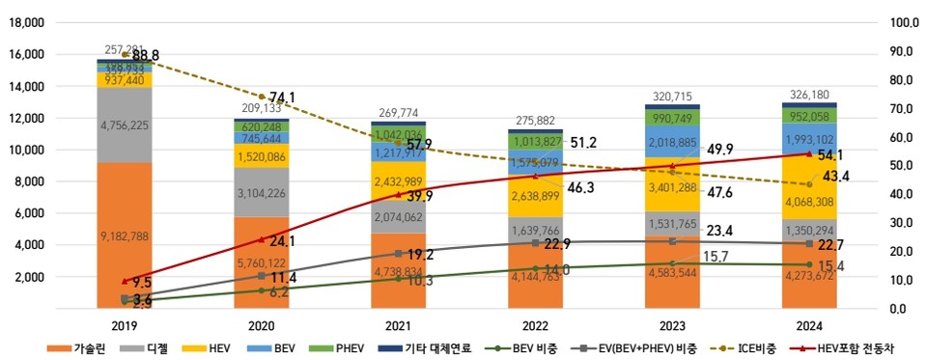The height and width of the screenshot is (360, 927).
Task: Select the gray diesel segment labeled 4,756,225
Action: point(124,125)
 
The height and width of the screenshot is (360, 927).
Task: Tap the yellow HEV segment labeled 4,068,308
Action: point(810,203)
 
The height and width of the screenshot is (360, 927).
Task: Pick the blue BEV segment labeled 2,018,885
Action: point(672,142)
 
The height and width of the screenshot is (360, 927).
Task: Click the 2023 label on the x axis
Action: point(672,326)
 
